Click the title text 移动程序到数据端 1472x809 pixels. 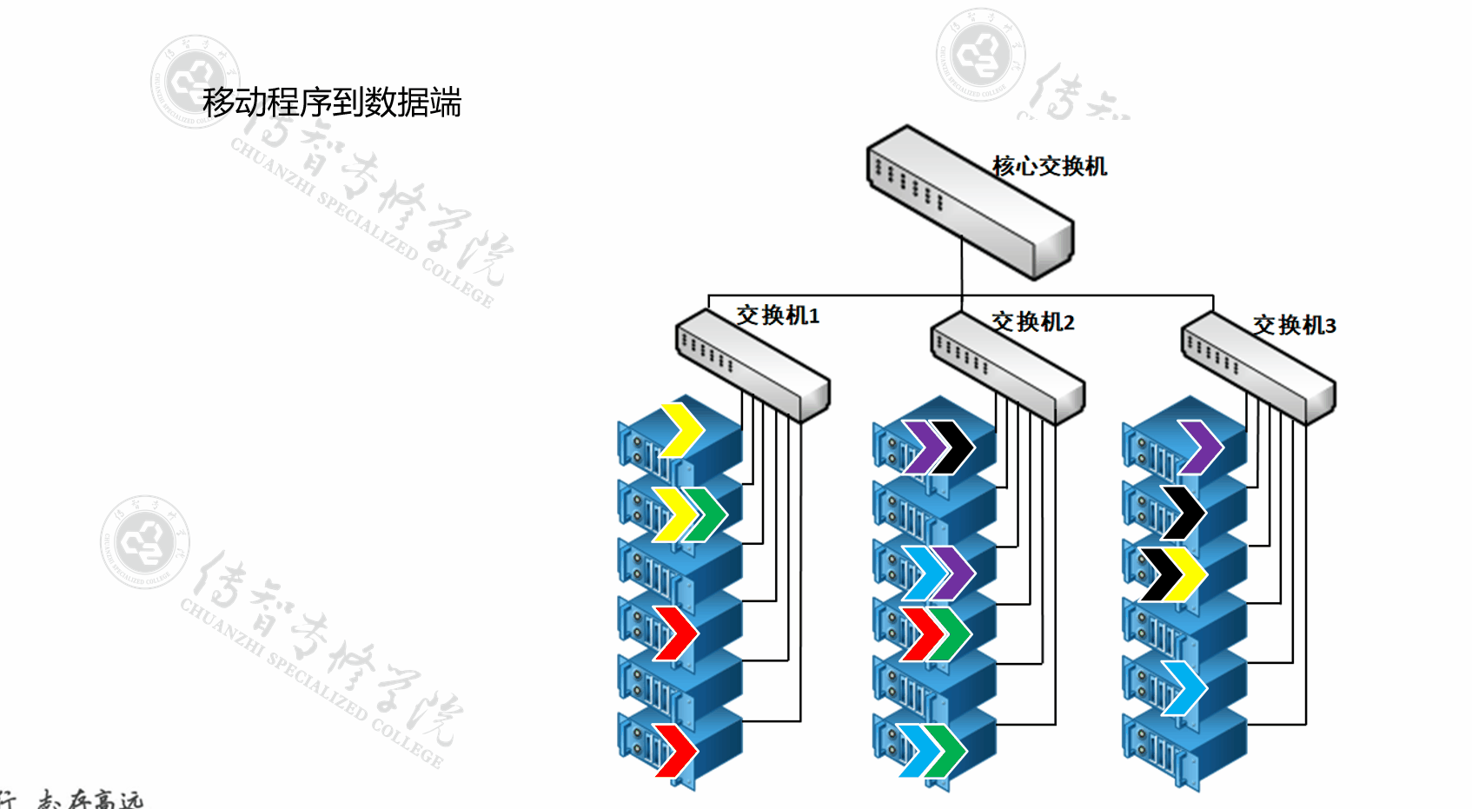click(x=331, y=103)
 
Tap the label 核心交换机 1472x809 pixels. click(x=1049, y=166)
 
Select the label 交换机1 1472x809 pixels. click(x=778, y=315)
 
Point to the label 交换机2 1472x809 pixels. click(x=1033, y=322)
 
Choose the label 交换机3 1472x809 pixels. click(x=1294, y=325)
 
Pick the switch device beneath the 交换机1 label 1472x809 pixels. click(x=753, y=366)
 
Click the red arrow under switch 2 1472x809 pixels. click(x=923, y=634)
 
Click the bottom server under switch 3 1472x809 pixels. click(x=1184, y=750)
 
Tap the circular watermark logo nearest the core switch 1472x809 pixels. click(x=980, y=54)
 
